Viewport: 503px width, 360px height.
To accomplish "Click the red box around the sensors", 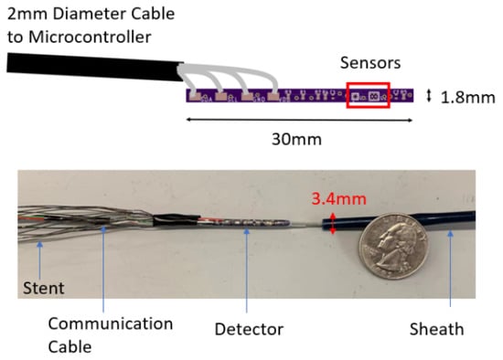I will [368, 95].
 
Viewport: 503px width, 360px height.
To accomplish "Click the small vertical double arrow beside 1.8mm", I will [429, 95].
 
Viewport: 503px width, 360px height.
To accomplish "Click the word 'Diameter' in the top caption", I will [81, 13].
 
